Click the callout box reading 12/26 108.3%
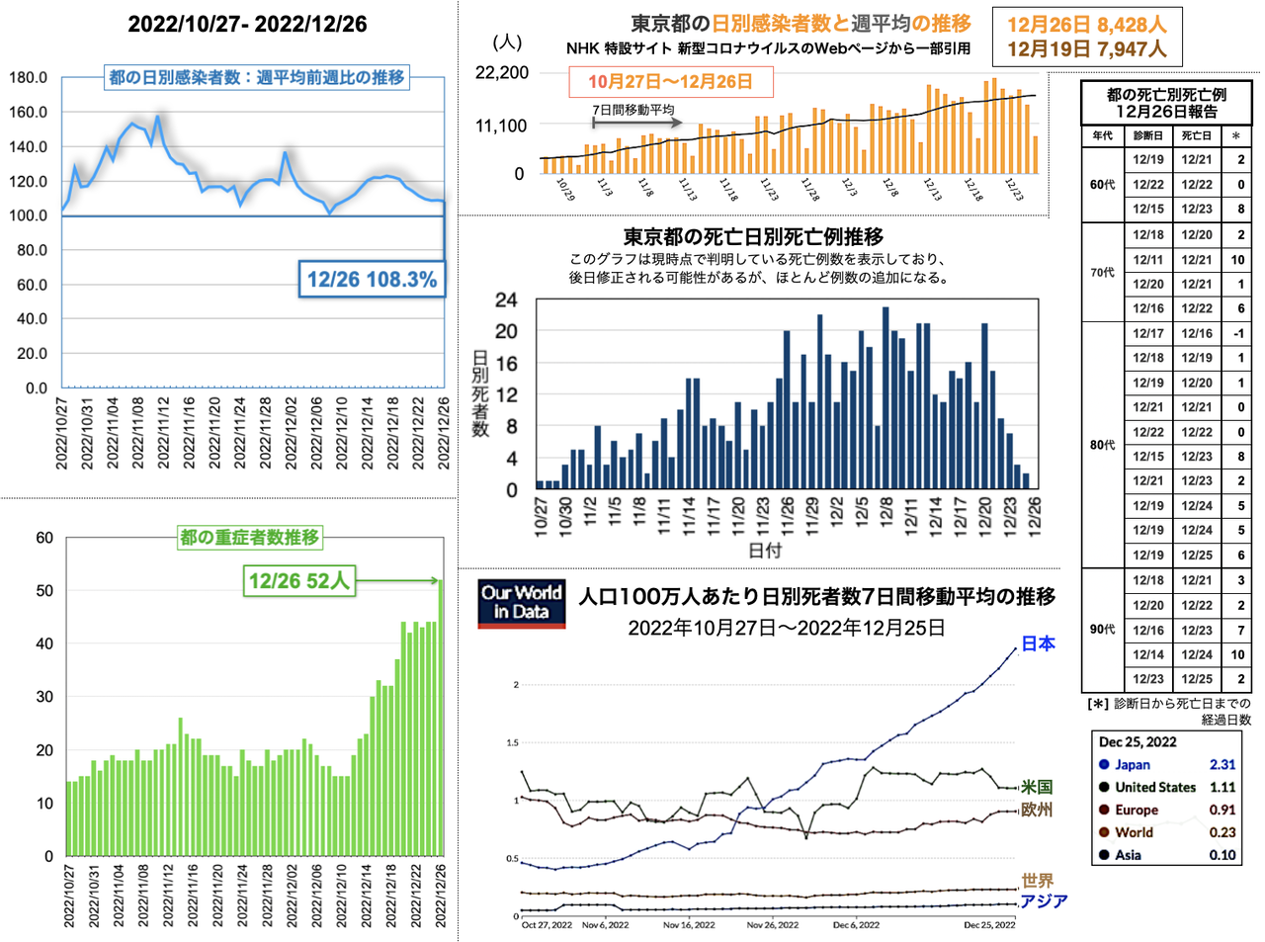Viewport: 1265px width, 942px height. (372, 280)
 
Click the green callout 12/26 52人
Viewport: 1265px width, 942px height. (299, 580)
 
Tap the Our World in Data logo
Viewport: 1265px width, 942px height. (521, 602)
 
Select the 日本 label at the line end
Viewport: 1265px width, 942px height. (1038, 643)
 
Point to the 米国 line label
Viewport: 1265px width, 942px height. (1036, 787)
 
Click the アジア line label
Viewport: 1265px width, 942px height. (1044, 900)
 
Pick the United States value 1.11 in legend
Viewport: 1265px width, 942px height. (1223, 787)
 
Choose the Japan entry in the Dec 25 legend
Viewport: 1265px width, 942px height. (1133, 764)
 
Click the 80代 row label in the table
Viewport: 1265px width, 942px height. (1103, 445)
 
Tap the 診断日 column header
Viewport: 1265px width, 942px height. (1148, 135)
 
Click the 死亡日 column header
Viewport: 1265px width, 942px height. (1197, 135)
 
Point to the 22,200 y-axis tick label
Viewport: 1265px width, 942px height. (502, 72)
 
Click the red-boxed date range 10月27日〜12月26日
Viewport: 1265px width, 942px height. (670, 81)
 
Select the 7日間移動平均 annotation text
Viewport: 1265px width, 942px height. (633, 110)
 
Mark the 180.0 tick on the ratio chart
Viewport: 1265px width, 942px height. (28, 77)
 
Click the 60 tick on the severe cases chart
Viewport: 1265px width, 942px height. (44, 538)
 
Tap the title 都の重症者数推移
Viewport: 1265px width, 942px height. (249, 537)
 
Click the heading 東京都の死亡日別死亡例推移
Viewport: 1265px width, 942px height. (753, 236)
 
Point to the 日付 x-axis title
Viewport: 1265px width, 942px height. (764, 551)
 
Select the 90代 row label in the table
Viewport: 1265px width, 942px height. (1103, 630)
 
